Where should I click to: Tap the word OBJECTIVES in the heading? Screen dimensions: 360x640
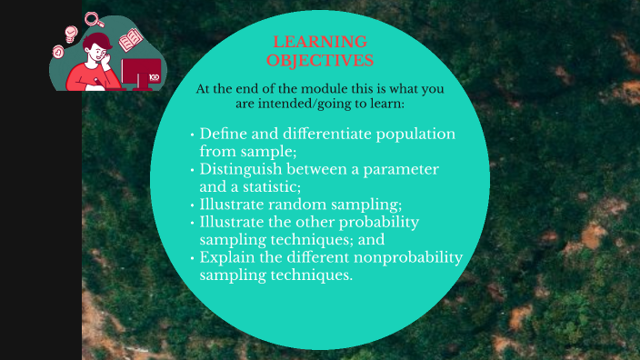point(320,60)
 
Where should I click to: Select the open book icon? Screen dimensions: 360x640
point(131,40)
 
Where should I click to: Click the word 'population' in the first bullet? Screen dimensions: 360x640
point(414,134)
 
